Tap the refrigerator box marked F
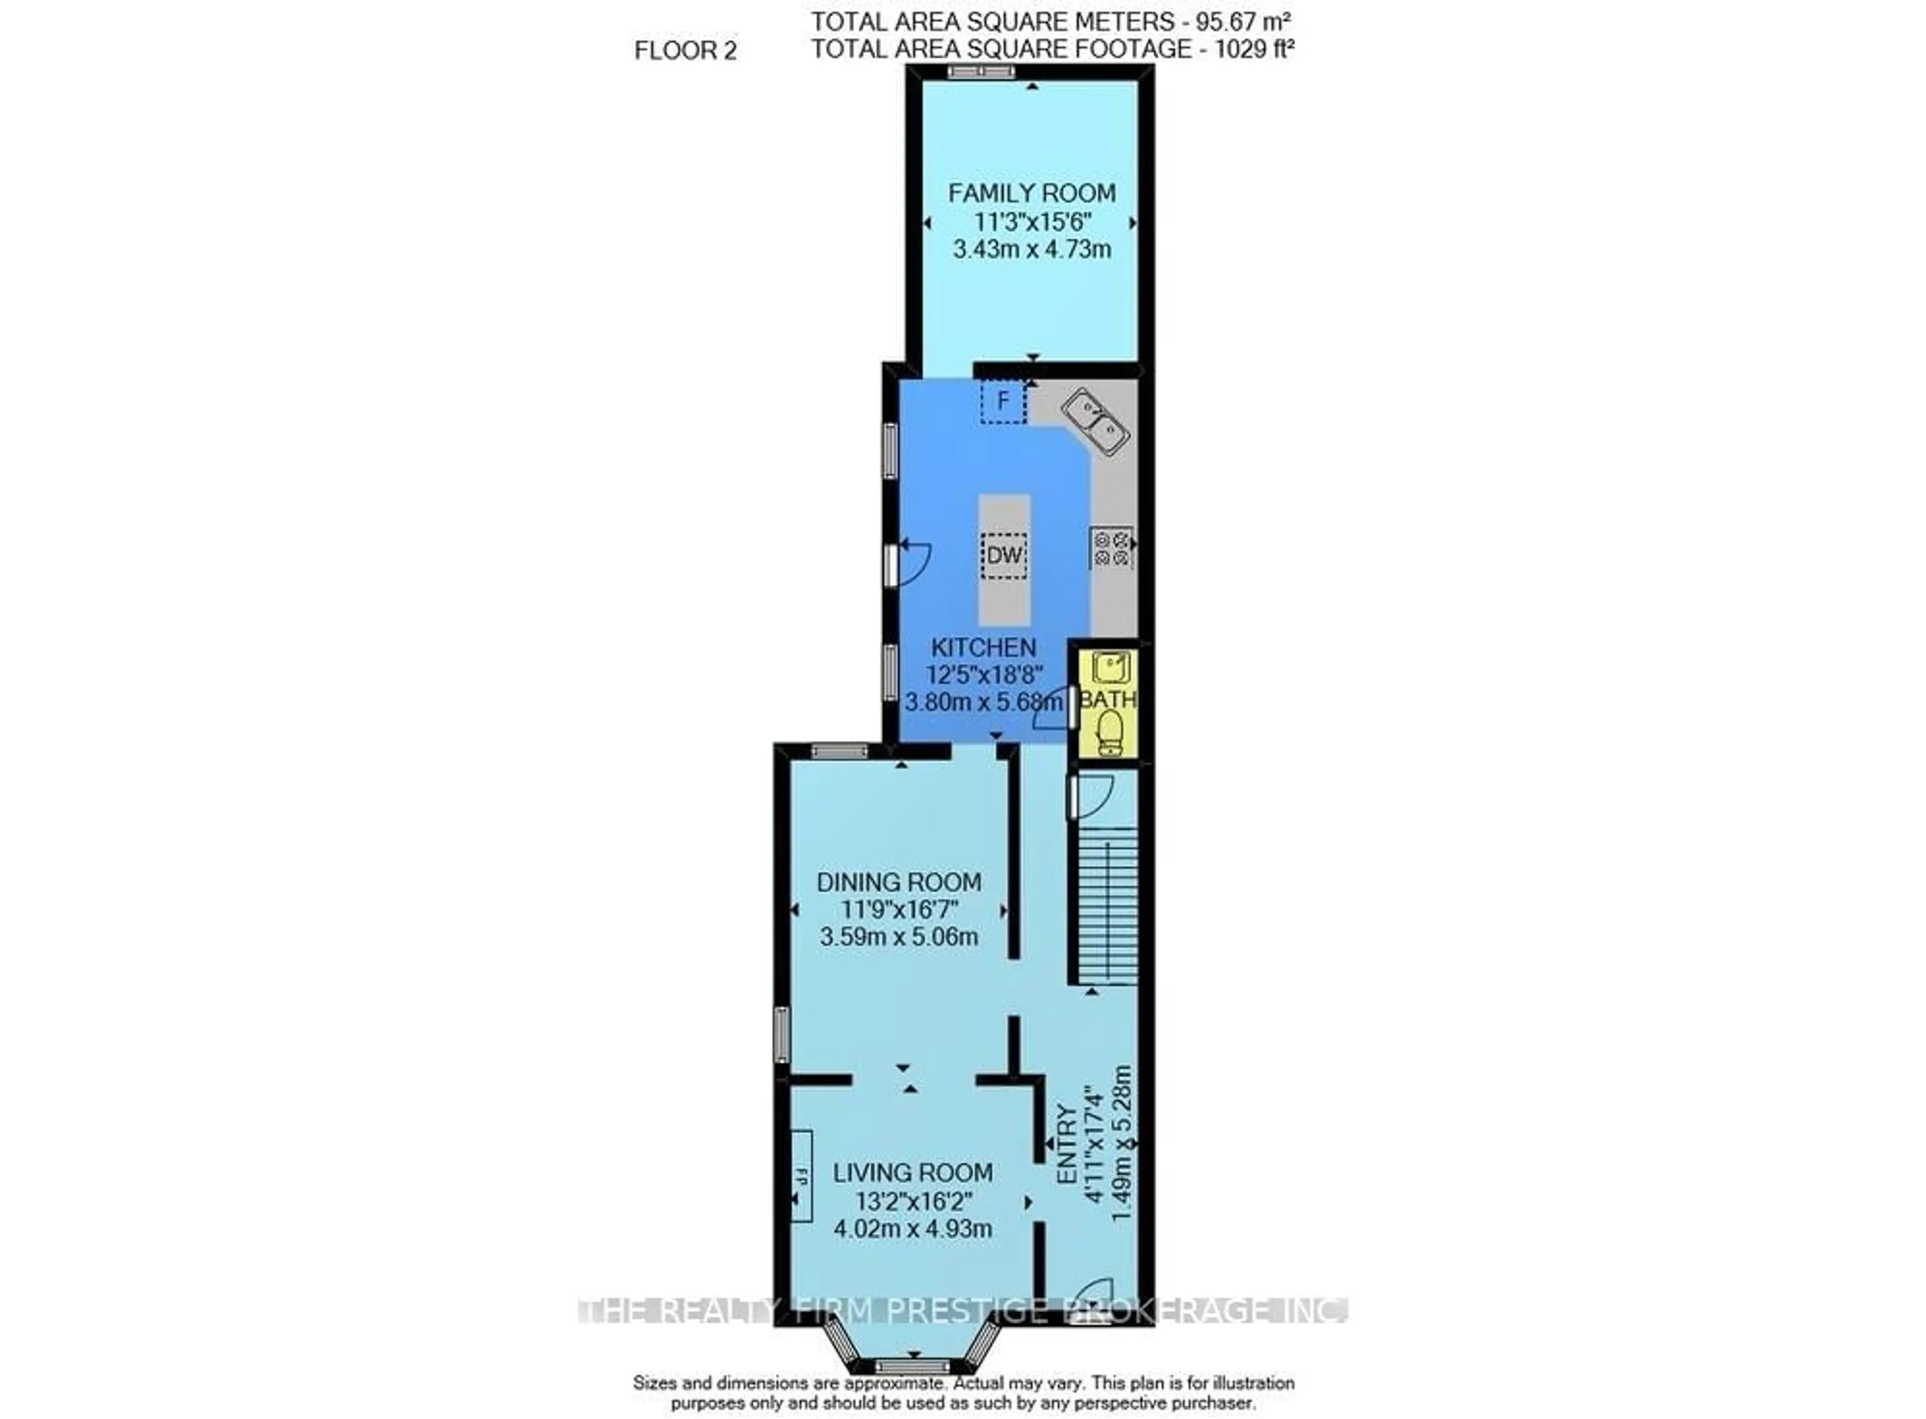click(x=1003, y=401)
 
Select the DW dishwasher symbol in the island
click(x=1004, y=555)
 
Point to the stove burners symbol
click(x=1111, y=547)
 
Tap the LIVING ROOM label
click(x=912, y=1172)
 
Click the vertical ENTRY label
click(x=1066, y=1145)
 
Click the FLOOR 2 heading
click(x=685, y=51)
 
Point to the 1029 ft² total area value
click(x=1253, y=49)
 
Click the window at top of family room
click(x=981, y=72)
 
